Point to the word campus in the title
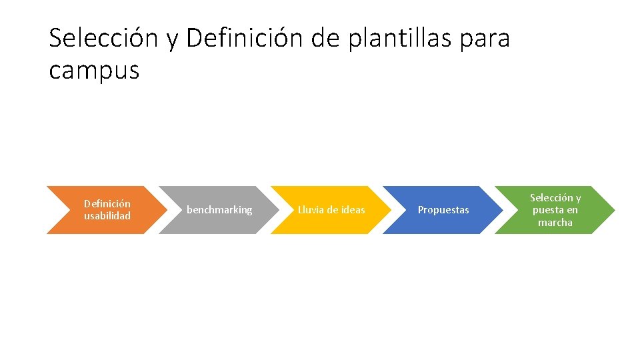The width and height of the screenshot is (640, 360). [94, 69]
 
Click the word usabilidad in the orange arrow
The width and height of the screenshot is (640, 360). [107, 216]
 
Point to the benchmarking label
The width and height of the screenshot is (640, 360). [219, 210]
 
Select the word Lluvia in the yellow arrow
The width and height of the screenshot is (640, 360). [311, 210]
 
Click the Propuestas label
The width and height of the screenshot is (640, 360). [443, 210]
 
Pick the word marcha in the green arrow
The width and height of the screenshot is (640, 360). [555, 223]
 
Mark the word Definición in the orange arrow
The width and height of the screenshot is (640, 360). [107, 203]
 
